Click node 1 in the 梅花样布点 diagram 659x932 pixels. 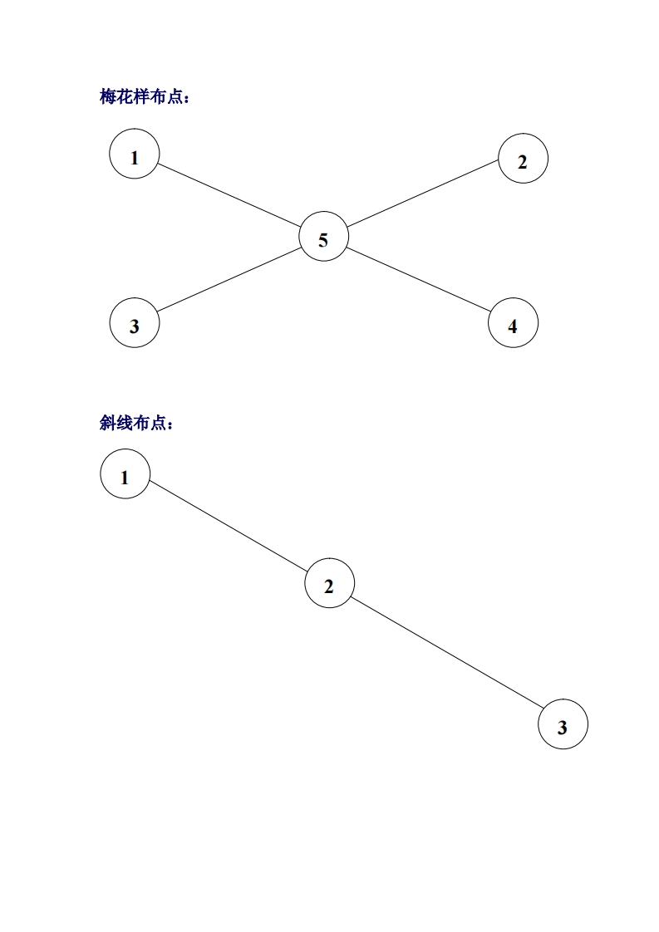[135, 154]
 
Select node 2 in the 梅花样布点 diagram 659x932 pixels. [523, 159]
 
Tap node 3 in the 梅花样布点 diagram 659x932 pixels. [135, 323]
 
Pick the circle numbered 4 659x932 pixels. [513, 323]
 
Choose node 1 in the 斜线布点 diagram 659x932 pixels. [125, 474]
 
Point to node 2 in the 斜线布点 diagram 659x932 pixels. [329, 584]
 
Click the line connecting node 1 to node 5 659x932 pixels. [229, 195]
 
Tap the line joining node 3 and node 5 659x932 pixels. [229, 280]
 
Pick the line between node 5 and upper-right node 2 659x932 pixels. [422, 193]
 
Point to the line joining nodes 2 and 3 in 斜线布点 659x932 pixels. [446, 654]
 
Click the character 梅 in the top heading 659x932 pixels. [108, 98]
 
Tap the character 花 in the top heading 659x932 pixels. [124, 98]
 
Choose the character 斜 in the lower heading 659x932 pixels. [108, 424]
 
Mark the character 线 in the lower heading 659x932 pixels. [124, 424]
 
